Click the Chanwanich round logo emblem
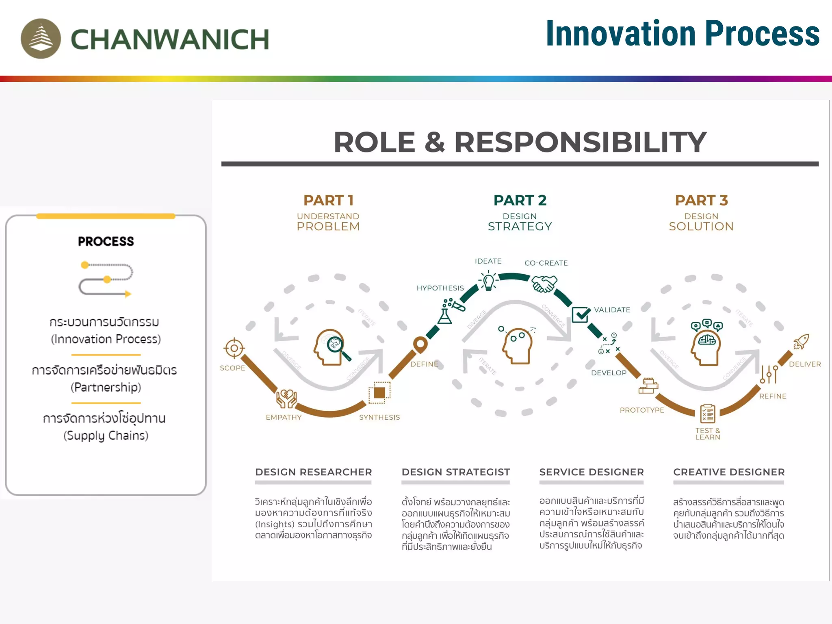pos(41,39)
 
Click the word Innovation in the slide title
pos(620,34)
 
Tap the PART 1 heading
pos(328,200)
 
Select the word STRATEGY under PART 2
pos(520,226)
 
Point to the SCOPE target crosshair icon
pos(234,348)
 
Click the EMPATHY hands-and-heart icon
pos(286,399)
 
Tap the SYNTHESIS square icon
pos(379,393)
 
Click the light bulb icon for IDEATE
pos(488,281)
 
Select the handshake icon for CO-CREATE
pos(544,283)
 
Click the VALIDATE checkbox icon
pos(581,314)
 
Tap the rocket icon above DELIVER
pos(801,342)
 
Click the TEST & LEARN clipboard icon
pos(708,414)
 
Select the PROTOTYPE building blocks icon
pos(648,386)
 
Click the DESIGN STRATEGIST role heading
pos(455,472)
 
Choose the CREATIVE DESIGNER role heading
pos(729,472)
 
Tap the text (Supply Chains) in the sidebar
pos(106,435)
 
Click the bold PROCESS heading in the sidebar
pos(106,241)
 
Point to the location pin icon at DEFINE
pos(420,345)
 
